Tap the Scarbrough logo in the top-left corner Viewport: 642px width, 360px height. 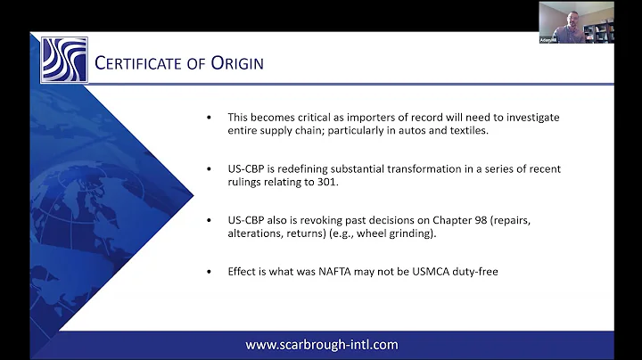pos(64,60)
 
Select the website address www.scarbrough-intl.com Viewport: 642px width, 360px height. pos(322,344)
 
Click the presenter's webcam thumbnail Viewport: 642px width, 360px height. pos(576,22)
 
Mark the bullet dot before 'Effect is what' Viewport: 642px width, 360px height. pos(209,271)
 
